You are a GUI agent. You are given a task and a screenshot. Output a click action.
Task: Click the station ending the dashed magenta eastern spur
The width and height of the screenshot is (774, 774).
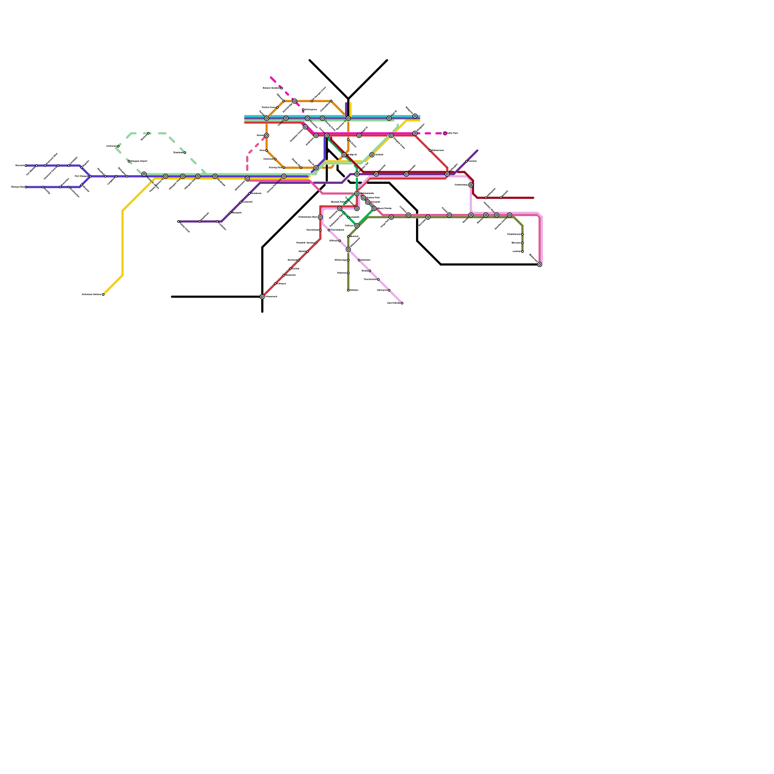445,133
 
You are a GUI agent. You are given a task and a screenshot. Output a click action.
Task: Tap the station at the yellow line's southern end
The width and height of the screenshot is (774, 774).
103,294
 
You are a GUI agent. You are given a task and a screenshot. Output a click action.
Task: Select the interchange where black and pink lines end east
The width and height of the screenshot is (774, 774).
539,264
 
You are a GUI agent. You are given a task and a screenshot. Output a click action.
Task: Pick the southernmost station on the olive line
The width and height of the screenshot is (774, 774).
348,290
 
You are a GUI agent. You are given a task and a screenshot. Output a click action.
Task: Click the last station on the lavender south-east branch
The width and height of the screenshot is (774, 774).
402,303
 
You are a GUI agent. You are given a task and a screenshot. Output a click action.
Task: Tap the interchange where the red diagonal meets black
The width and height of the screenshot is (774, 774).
262,297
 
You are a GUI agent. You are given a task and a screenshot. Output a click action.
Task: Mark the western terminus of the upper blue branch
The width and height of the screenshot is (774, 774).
26,165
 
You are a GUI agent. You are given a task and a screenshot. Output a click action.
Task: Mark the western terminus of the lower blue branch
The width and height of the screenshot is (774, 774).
26,187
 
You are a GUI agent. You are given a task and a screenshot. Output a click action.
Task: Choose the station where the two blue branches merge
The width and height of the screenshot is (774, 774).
90,176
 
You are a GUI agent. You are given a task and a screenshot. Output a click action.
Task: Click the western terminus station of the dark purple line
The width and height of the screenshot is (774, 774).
179,222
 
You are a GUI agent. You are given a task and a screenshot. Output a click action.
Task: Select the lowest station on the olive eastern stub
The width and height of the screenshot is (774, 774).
522,252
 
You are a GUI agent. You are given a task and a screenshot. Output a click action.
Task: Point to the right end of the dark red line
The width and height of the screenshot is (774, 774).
534,198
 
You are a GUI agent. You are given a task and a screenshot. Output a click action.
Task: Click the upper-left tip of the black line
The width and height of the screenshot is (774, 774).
310,60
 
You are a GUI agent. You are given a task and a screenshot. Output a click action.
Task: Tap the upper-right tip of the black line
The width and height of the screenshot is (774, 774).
387,60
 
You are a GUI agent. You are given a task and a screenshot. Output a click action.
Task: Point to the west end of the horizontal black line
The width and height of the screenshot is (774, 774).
172,297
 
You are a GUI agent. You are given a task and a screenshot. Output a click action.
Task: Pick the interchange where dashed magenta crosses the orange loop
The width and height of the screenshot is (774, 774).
295,101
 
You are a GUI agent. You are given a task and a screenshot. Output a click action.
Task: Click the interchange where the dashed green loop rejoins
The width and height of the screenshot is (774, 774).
144,174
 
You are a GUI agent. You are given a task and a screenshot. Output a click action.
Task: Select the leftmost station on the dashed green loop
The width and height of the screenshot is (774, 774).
118,146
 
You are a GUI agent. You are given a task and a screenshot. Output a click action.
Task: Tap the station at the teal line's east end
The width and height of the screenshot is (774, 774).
415,116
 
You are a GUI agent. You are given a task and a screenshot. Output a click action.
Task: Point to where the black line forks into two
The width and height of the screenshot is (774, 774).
348,99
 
